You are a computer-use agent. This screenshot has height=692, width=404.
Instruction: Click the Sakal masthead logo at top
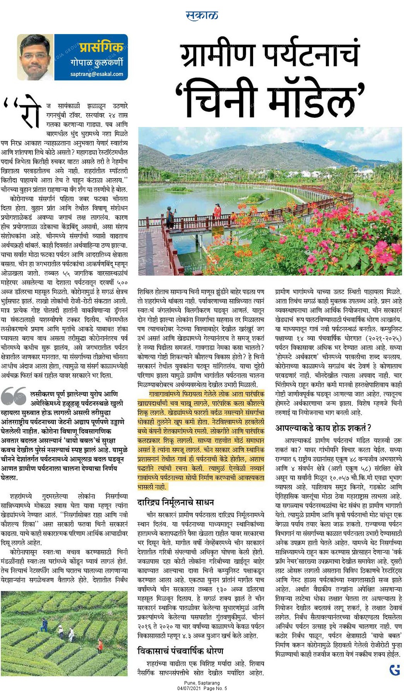tap(202, 15)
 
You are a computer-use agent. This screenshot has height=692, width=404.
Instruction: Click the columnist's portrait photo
tap(36, 57)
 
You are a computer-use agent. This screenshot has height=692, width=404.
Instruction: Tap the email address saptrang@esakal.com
tap(97, 74)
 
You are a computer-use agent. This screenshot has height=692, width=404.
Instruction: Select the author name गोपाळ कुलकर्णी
tap(97, 62)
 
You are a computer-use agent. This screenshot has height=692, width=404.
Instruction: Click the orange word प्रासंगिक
tap(101, 47)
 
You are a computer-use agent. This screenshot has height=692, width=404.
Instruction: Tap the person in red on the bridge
tap(217, 212)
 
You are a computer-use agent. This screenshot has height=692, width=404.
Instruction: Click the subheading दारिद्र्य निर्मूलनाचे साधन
tap(176, 503)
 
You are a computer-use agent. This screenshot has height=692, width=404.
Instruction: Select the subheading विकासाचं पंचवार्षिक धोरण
tap(180, 651)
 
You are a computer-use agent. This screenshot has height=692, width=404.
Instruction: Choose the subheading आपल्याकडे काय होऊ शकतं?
tap(323, 428)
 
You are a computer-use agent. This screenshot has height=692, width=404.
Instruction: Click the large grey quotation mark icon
tap(14, 397)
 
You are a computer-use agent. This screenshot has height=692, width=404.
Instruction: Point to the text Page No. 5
tap(216, 688)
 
